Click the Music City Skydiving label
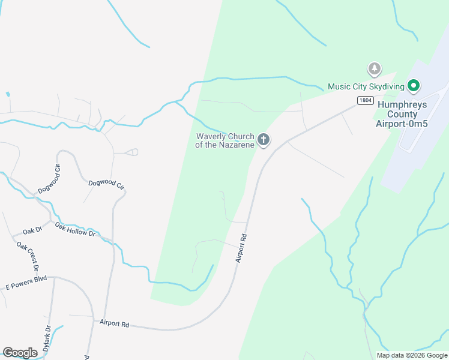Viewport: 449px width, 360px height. (364, 86)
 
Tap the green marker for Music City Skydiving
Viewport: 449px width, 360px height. (413, 86)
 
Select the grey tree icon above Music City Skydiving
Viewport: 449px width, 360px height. (375, 69)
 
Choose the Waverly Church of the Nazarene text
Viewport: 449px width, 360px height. (225, 140)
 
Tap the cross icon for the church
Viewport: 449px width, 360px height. (263, 140)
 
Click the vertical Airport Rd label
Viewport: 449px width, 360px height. (241, 247)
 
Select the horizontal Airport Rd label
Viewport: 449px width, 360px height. (115, 323)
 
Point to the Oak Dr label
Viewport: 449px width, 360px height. (32, 231)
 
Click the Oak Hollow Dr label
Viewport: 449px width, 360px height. (75, 229)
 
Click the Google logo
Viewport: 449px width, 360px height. (20, 353)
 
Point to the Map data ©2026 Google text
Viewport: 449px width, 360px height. (412, 355)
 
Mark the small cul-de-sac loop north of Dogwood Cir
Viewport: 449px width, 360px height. (133, 152)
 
